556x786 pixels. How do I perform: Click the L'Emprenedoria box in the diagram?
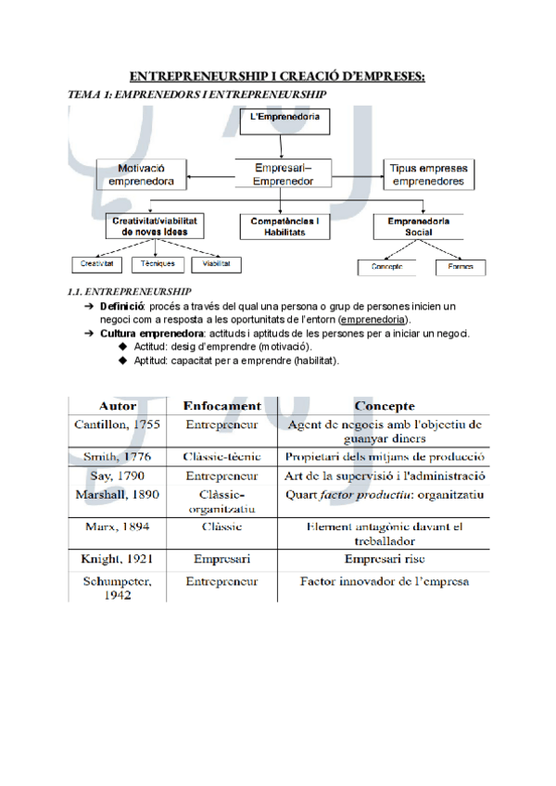tap(286, 119)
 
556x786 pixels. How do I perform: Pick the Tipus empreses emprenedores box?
tap(427, 175)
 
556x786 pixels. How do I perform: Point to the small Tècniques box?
tap(158, 264)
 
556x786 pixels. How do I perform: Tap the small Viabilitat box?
tap(217, 264)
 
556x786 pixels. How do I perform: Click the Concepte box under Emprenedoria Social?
tap(386, 268)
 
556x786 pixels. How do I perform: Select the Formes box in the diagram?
tap(459, 268)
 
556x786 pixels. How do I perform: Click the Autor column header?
tap(119, 405)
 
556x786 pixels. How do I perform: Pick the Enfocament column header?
tap(222, 406)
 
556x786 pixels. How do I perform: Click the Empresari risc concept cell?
tap(384, 560)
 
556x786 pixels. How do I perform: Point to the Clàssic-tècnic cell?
tap(222, 457)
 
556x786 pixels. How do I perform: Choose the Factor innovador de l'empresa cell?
tap(384, 582)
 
